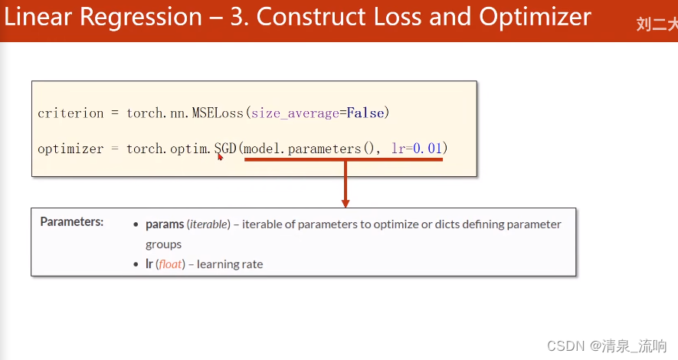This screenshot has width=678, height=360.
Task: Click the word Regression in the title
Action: (x=141, y=18)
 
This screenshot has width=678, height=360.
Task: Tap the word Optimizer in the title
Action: (x=535, y=18)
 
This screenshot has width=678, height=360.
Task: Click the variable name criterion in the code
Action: (x=70, y=113)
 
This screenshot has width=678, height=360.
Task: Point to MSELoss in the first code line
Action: (x=218, y=113)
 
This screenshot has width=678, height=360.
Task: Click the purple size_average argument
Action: (x=295, y=113)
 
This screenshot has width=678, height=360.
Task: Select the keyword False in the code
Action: (x=365, y=113)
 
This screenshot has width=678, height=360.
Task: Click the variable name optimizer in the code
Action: (x=70, y=149)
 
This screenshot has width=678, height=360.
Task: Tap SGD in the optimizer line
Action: (x=226, y=149)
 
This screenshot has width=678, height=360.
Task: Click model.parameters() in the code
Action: (x=309, y=149)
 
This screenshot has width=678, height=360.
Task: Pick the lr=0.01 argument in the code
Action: (x=417, y=149)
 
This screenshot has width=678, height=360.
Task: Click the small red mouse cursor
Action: (x=220, y=157)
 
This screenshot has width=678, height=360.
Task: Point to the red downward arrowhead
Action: (x=345, y=203)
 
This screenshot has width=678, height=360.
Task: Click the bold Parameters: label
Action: (x=72, y=221)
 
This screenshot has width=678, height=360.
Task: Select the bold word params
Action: (x=165, y=224)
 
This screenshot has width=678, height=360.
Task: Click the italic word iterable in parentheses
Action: (x=209, y=224)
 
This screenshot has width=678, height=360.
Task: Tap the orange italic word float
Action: (x=170, y=264)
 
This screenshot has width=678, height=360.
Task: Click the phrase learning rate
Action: (x=230, y=264)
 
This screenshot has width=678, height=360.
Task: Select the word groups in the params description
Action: (x=163, y=244)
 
